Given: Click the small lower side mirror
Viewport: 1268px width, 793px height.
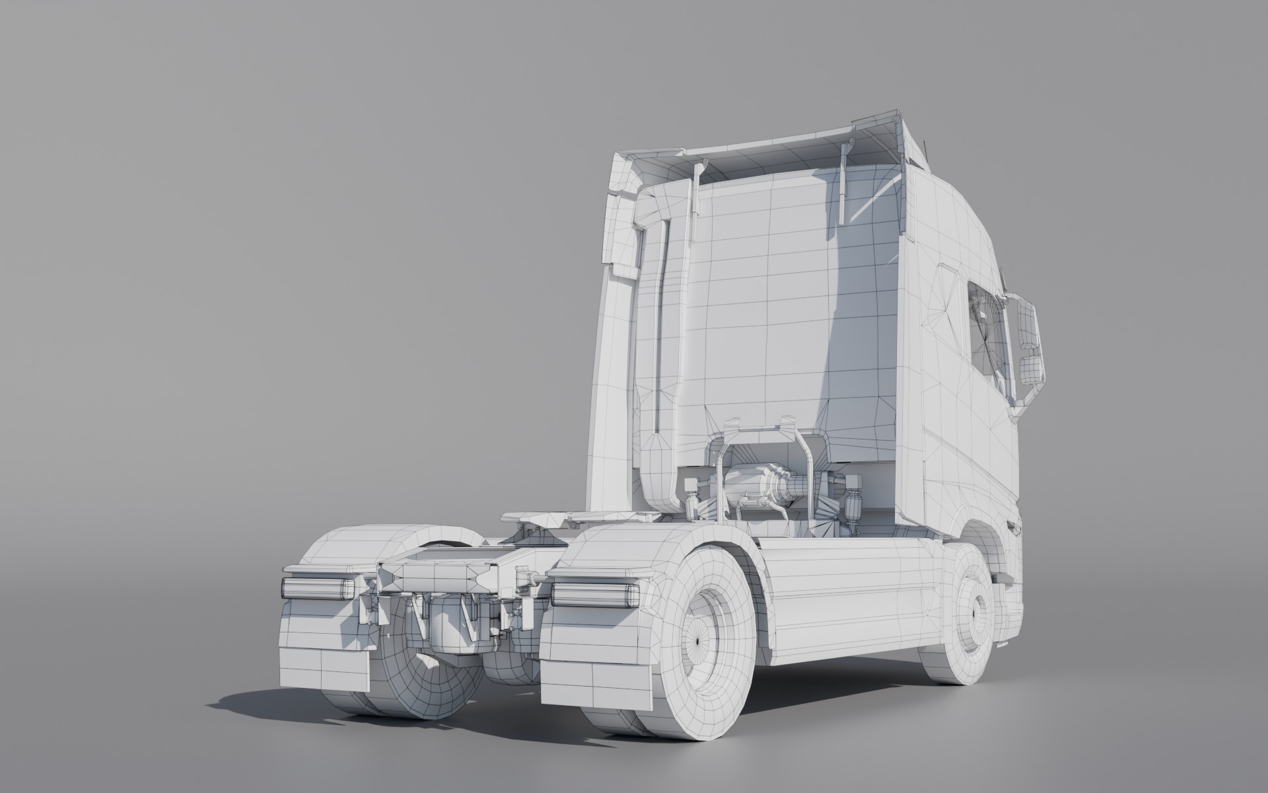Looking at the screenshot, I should [x=1031, y=372].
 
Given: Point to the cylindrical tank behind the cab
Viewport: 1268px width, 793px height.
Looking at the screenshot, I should [x=759, y=480].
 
